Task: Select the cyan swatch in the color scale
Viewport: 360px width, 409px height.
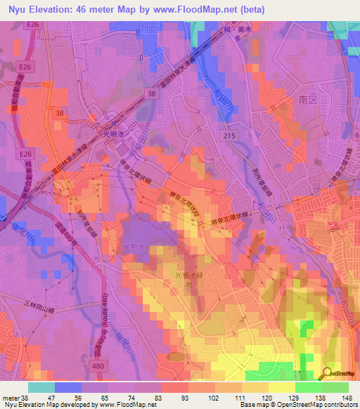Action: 41,387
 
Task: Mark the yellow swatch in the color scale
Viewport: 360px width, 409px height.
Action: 281,387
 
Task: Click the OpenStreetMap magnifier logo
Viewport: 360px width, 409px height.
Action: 327,373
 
